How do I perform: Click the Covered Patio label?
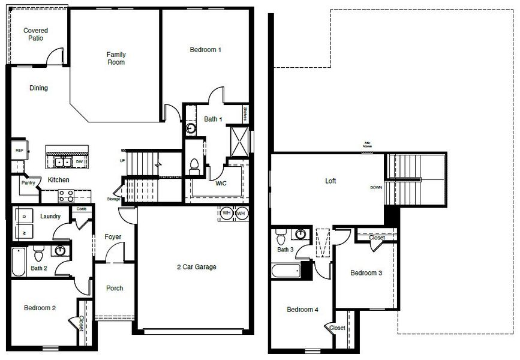35,34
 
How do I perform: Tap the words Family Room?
116,58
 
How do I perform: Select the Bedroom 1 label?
206,50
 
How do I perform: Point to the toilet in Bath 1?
194,165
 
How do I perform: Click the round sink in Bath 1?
190,127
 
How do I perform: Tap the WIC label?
221,184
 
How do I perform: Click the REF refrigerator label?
19,151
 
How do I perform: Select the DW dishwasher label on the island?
79,162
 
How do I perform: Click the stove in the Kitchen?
65,196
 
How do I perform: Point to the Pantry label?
28,183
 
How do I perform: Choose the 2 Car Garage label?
196,267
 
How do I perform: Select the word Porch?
115,288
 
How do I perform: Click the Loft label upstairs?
330,180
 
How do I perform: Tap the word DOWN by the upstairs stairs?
376,188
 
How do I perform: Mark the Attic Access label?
367,145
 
